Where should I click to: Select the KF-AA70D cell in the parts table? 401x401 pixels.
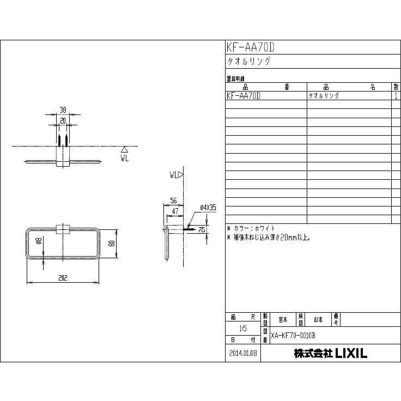tap(243, 95)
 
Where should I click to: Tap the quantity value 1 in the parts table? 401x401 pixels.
tap(395, 95)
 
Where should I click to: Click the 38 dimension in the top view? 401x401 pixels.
tap(63, 110)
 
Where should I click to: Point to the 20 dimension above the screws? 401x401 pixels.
tap(63, 120)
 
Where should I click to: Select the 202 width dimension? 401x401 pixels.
tap(63, 278)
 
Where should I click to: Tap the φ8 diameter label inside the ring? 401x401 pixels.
tap(39, 244)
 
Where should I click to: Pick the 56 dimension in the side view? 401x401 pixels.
tap(174, 200)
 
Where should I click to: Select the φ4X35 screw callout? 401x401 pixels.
tap(208, 208)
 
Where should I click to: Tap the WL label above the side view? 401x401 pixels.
tap(174, 175)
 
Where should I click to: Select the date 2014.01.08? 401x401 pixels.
tap(242, 353)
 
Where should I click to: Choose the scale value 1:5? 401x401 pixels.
tap(242, 329)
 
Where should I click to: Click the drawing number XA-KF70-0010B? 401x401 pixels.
tap(293, 336)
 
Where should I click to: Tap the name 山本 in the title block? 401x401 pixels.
tap(318, 319)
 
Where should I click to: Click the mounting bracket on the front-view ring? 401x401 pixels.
tap(63, 229)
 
